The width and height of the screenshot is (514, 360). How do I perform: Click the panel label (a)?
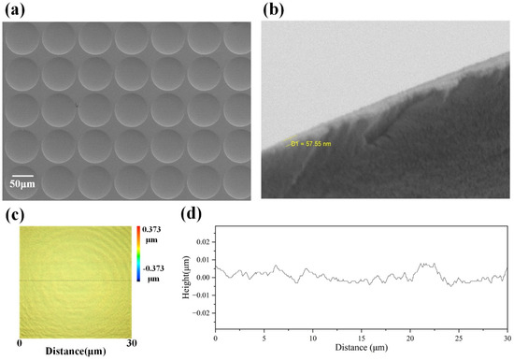15,10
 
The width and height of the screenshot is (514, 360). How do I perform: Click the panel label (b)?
273,10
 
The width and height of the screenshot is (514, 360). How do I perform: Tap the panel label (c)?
15,215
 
